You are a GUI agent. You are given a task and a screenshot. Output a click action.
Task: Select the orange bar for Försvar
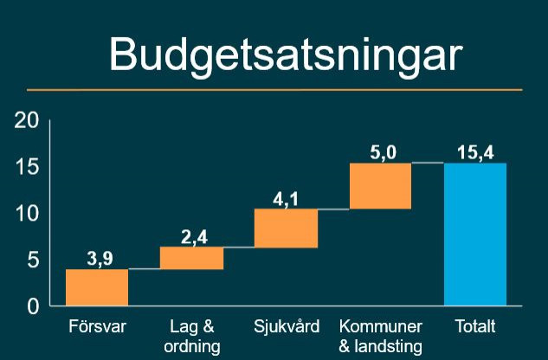click(97, 287)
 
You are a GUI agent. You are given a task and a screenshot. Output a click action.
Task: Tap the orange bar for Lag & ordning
click(191, 258)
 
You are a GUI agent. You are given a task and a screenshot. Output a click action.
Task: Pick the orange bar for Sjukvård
click(286, 228)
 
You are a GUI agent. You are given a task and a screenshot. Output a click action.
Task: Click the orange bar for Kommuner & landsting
click(380, 186)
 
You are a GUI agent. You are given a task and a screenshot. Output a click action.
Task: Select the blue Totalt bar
click(474, 234)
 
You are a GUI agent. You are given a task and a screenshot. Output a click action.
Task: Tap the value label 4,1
click(286, 199)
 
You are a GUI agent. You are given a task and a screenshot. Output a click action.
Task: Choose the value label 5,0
click(382, 152)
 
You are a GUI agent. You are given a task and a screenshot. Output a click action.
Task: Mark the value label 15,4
click(475, 152)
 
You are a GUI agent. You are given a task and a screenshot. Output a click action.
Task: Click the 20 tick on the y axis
click(27, 120)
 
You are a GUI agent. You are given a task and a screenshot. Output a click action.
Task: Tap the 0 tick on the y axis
click(33, 306)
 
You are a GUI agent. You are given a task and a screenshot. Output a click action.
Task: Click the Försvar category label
click(97, 328)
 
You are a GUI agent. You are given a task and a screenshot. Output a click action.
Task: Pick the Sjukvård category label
click(287, 328)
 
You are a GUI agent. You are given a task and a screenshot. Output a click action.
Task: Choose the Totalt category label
click(475, 328)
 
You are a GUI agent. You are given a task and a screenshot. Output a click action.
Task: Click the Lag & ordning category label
click(192, 337)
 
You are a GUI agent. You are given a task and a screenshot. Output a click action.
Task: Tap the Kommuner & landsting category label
click(381, 337)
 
